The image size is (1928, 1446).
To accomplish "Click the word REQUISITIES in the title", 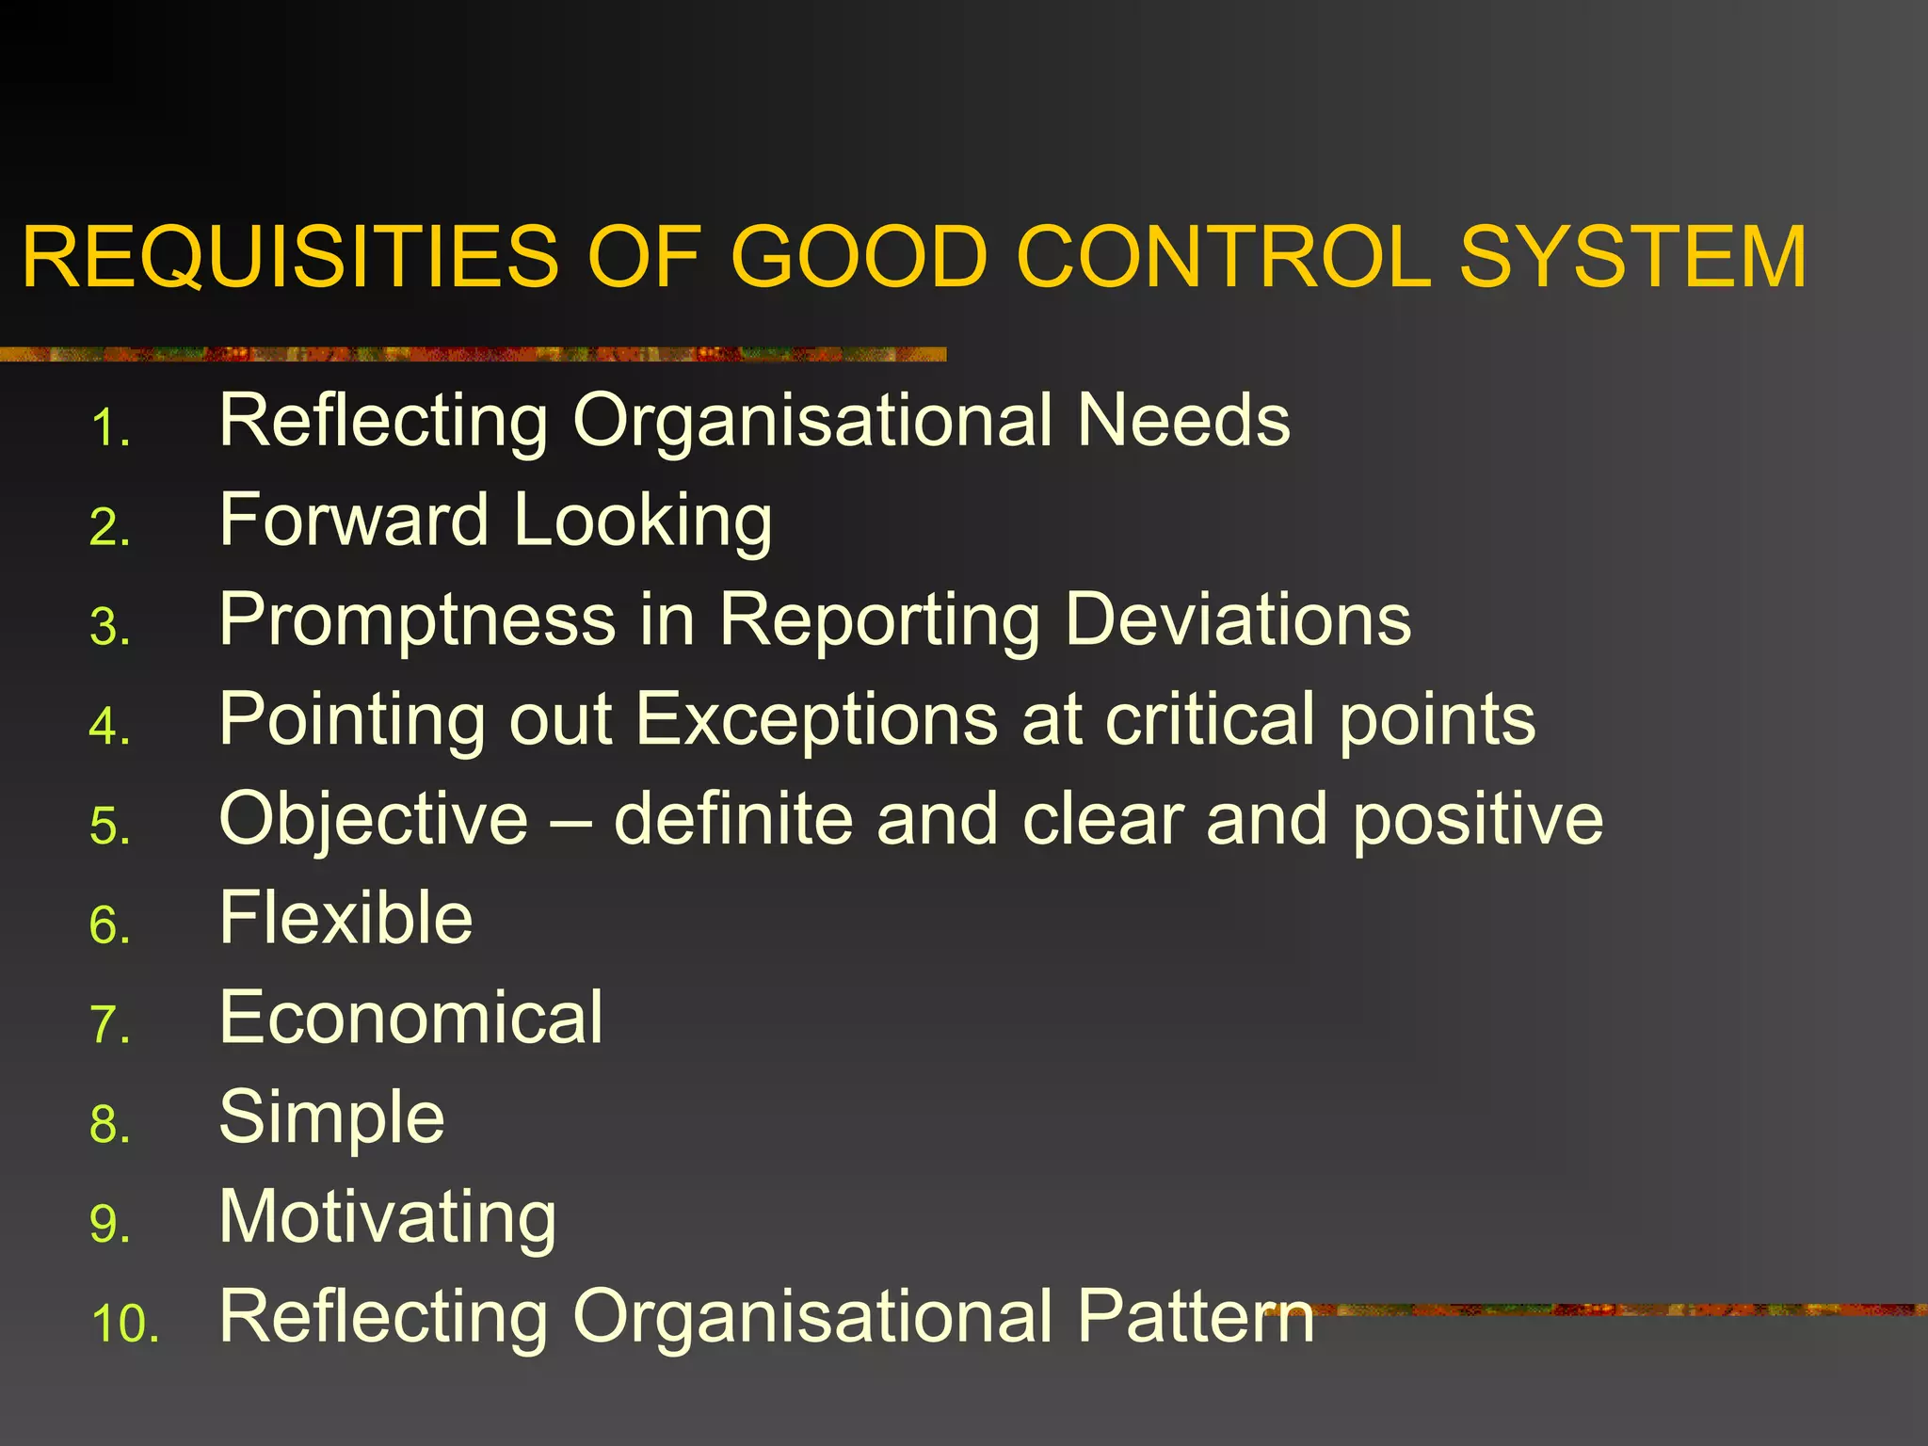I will tap(290, 257).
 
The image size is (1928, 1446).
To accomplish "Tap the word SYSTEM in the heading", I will tap(1632, 257).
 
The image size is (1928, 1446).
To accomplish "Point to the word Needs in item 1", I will tap(1183, 421).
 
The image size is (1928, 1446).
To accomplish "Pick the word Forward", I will tap(354, 520).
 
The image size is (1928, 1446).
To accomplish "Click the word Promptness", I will tap(417, 621).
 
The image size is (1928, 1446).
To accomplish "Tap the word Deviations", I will tap(1238, 619).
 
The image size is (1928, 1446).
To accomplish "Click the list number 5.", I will tap(109, 827).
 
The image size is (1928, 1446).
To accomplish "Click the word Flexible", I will tap(345, 918).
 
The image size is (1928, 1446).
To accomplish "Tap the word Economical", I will tap(410, 1018).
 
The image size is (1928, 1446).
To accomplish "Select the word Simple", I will tap(331, 1118).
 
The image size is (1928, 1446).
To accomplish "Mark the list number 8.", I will tap(109, 1125).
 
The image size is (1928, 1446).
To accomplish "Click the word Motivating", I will tap(388, 1218).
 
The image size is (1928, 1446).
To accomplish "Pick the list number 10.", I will tap(124, 1324).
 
